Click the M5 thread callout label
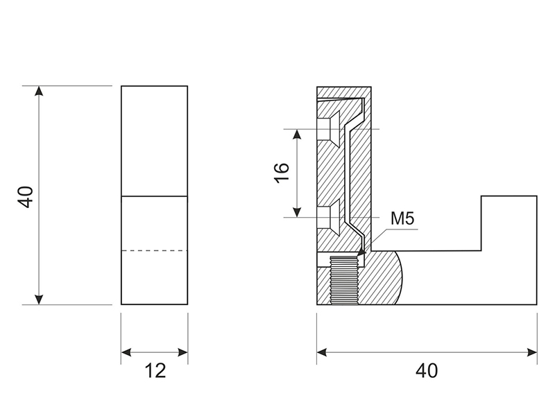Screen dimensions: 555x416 pyautogui.click(x=402, y=218)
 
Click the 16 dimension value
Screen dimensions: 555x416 pyautogui.click(x=282, y=173)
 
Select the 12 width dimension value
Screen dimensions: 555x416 pyautogui.click(x=155, y=371)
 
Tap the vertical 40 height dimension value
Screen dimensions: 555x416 pyautogui.click(x=26, y=197)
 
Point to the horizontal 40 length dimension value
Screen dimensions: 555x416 pyautogui.click(x=427, y=371)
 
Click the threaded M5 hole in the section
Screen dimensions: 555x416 pyautogui.click(x=344, y=280)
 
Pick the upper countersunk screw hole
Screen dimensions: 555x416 pyautogui.click(x=328, y=129)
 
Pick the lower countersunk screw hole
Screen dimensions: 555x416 pyautogui.click(x=328, y=217)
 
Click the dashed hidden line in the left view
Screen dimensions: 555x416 pyautogui.click(x=154, y=251)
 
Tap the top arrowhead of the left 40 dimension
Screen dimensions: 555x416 pyautogui.click(x=39, y=91)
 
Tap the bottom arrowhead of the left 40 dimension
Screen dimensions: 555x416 pyautogui.click(x=39, y=300)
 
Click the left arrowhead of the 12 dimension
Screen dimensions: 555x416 pyautogui.click(x=126, y=352)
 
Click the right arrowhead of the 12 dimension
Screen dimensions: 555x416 pyautogui.click(x=182, y=352)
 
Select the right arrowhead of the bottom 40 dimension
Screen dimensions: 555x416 pyautogui.click(x=532, y=352)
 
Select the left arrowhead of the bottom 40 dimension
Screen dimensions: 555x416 pyautogui.click(x=322, y=352)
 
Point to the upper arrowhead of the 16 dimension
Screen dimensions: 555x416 pyautogui.click(x=298, y=134)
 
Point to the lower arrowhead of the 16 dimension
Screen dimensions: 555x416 pyautogui.click(x=298, y=212)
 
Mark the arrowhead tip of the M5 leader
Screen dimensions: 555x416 pyautogui.click(x=359, y=255)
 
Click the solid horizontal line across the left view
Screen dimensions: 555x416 pyautogui.click(x=154, y=196)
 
